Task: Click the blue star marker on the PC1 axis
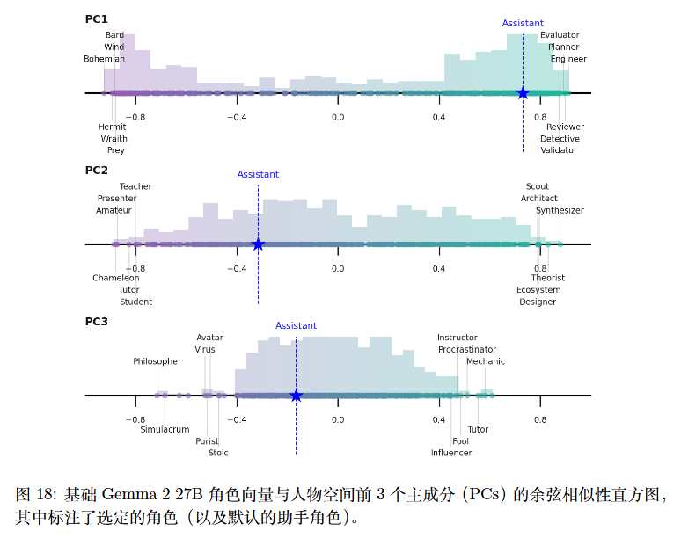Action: pos(523,93)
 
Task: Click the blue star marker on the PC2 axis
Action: pos(258,244)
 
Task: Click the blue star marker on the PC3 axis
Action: pos(296,396)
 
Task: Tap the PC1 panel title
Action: pos(97,18)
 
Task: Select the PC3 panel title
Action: pos(97,322)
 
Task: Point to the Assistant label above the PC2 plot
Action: pos(258,174)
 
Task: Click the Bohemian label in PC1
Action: pos(104,59)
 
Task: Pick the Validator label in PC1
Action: pos(559,150)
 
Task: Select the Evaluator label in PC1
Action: pos(560,35)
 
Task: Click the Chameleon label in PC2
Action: pos(116,278)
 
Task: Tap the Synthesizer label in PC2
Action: pos(560,210)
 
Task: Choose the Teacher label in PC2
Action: pos(135,186)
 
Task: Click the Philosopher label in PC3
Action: pos(157,361)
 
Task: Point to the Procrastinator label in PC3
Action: pos(467,350)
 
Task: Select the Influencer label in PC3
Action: pos(451,453)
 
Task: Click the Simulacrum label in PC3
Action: pos(165,429)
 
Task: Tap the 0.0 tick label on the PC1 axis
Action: pos(338,117)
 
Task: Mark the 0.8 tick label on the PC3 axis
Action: pos(540,419)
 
